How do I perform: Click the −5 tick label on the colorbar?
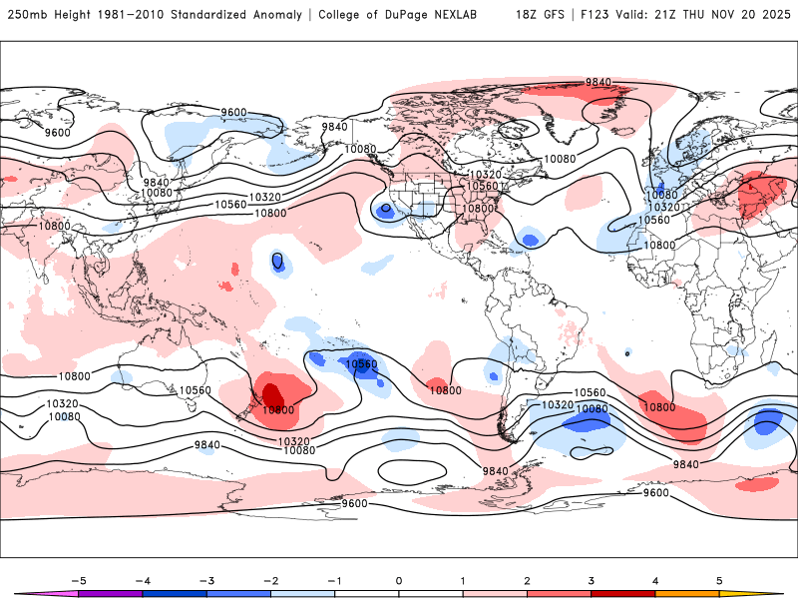tap(77, 580)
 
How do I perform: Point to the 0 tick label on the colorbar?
tap(398, 580)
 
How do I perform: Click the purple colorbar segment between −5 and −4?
tap(110, 593)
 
